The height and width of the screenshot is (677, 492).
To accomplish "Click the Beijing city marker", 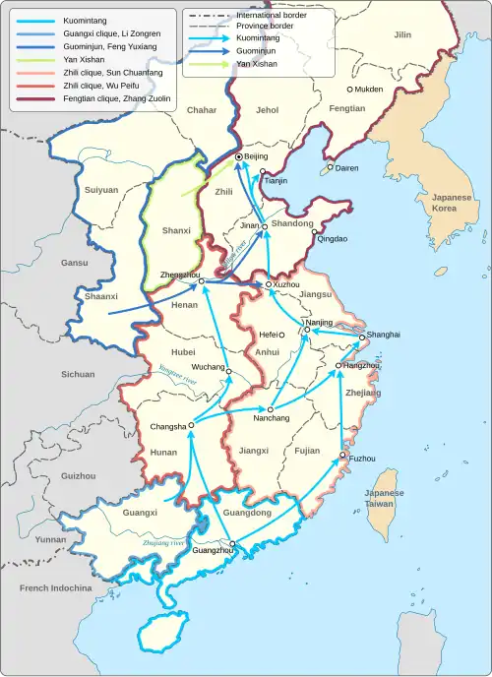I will (239, 156).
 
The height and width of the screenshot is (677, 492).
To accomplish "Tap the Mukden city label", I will (371, 89).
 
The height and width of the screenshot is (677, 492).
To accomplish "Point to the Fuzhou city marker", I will (342, 456).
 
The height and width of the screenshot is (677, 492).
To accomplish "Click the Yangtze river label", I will (178, 372).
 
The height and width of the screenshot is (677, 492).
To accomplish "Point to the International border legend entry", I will (271, 16).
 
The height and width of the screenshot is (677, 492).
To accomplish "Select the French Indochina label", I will (55, 588).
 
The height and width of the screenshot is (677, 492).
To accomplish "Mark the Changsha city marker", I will (191, 426).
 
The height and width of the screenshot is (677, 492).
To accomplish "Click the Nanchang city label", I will (272, 418).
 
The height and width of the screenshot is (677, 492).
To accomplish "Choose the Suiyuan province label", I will (101, 189).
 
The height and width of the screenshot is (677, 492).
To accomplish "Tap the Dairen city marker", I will (331, 168).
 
